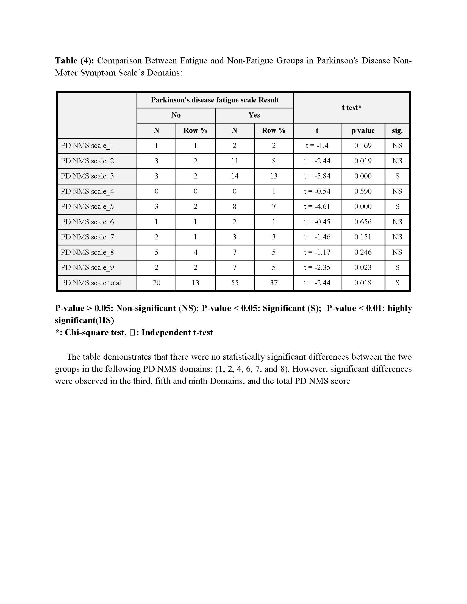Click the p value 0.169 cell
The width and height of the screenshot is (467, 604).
363,146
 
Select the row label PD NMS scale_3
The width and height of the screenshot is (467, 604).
87,176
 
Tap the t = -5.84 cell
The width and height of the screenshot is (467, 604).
317,176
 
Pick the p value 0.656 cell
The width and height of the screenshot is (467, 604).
363,222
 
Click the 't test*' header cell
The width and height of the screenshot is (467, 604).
351,108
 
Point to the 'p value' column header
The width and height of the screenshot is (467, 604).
363,130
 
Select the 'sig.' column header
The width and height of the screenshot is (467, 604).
397,130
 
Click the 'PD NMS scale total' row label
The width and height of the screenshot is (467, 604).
91,283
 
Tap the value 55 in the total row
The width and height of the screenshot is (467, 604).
234,283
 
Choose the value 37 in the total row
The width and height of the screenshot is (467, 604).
274,283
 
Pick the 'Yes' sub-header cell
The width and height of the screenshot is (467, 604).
254,115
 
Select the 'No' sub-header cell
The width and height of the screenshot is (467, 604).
176,115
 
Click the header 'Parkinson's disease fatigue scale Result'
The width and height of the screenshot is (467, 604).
215,100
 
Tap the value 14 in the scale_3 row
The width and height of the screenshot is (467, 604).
234,176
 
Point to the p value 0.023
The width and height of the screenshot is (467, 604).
363,267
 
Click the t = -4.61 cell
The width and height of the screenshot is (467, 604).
317,206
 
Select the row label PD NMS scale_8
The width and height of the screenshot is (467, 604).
87,252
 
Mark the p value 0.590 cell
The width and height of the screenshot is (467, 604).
363,191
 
